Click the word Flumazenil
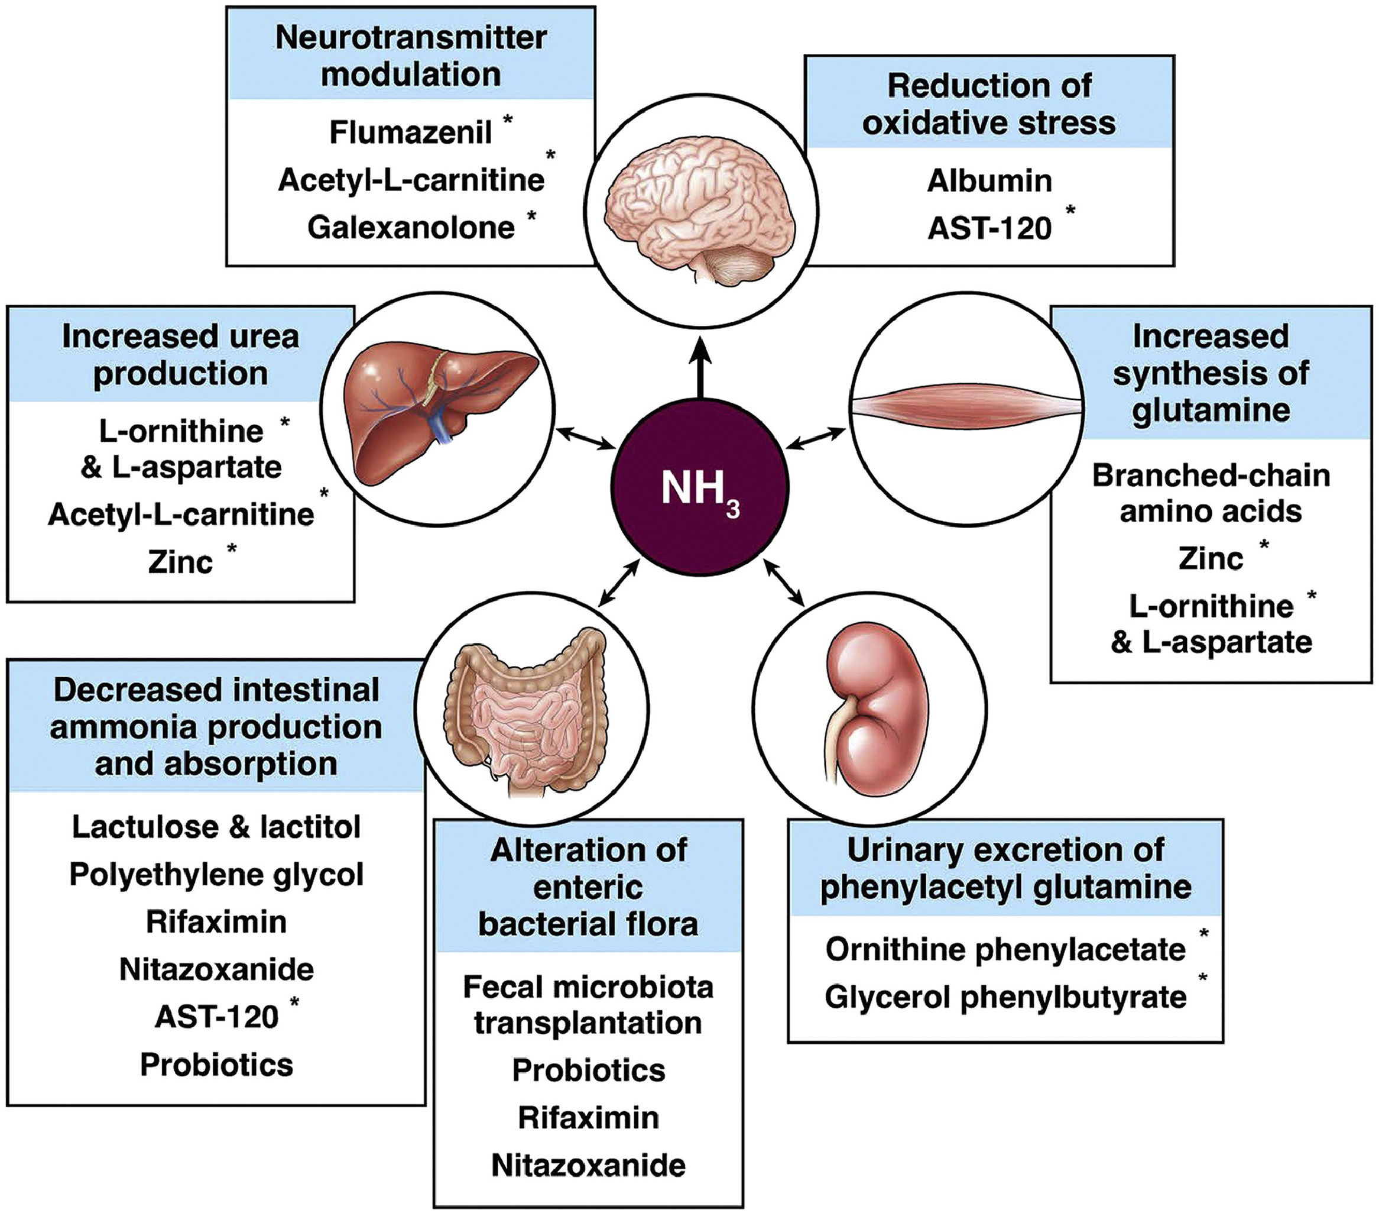(410, 132)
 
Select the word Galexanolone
(411, 228)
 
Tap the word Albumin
(989, 181)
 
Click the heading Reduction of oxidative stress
(989, 105)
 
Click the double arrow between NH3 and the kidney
(784, 581)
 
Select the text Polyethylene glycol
(216, 875)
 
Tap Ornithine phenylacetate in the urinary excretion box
(1005, 950)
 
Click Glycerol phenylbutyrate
(1005, 997)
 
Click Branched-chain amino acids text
(1211, 493)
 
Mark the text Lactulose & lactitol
(216, 827)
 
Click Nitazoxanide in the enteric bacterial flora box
(588, 1165)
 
